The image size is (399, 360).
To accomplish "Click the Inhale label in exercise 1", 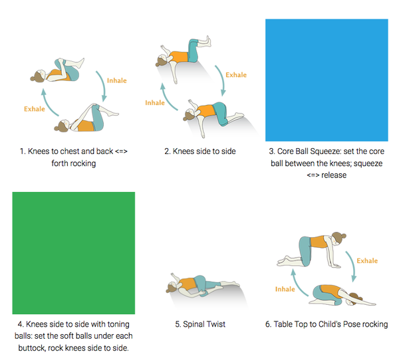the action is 117,80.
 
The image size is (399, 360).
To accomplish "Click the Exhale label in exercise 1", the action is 35,109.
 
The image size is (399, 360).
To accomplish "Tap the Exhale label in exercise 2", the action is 236,75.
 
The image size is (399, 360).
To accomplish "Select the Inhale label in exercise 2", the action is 155,103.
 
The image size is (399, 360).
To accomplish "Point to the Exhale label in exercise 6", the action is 367,261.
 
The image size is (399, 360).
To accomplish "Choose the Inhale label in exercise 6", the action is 285,289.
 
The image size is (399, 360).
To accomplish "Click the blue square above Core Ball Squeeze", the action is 327,80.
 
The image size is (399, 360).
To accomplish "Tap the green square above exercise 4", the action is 74,253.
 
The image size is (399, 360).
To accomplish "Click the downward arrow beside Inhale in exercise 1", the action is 103,86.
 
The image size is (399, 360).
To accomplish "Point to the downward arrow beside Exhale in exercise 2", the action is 222,80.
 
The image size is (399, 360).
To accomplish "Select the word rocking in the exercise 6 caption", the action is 375,324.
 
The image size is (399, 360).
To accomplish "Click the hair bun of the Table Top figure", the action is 344,236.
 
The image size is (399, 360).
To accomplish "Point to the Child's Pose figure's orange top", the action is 331,292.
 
